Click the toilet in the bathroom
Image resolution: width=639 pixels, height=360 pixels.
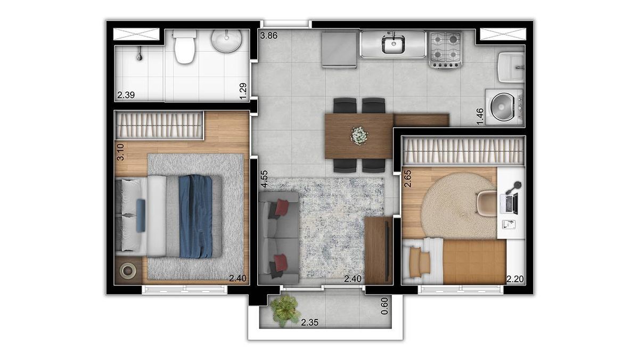coord(185,47)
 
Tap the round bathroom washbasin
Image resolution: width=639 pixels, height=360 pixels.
coord(226,41)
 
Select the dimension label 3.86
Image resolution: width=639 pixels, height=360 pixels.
coord(268,36)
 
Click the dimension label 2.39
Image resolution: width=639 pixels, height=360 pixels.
coord(126,95)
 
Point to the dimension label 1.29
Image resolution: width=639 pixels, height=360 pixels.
coord(243,91)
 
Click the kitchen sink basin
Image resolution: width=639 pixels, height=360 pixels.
coord(394,45)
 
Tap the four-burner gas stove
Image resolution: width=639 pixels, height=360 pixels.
coord(446,50)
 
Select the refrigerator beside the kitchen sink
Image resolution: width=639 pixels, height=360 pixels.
coord(340,50)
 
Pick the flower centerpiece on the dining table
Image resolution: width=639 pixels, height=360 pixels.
coord(359,136)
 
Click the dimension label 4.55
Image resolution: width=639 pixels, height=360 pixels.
coord(265,179)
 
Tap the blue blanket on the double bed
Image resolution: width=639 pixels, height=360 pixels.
coord(196,216)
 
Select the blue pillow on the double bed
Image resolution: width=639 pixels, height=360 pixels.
coord(141,216)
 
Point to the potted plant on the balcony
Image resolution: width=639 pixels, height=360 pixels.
coord(285,310)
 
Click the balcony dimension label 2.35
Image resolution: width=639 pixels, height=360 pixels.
coord(309,323)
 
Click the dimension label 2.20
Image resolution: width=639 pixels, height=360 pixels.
coord(515,279)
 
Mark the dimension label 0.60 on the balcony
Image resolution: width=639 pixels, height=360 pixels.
coord(384,306)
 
